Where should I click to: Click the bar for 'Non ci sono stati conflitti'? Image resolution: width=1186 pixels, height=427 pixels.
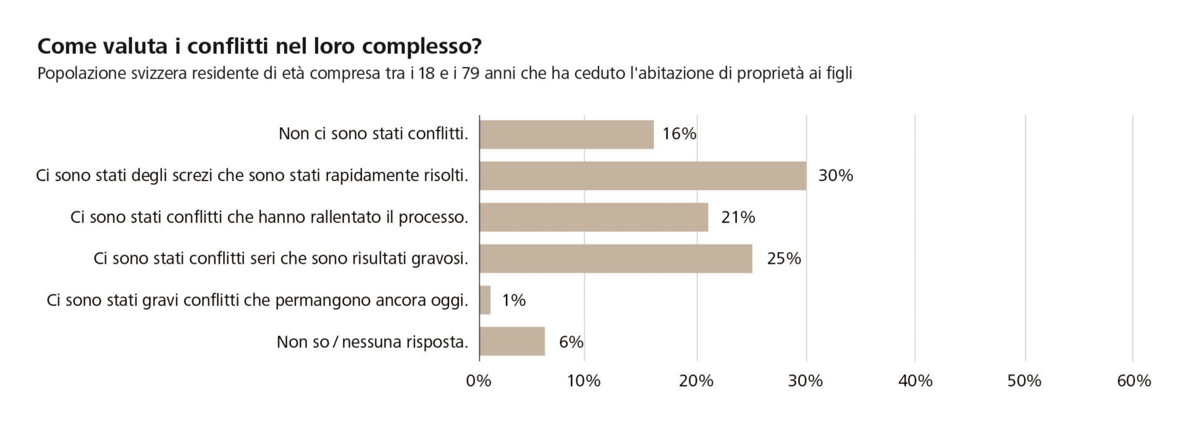click(566, 135)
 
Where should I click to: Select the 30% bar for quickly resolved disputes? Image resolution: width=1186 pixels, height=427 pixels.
click(642, 176)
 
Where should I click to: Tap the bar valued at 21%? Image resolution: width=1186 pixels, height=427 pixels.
click(593, 218)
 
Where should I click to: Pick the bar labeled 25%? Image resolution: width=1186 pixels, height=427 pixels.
click(615, 259)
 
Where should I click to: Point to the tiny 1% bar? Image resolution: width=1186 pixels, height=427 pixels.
click(485, 300)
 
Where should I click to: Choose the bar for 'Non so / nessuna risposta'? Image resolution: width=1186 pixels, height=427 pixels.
click(512, 342)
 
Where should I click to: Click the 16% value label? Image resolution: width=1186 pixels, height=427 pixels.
click(679, 134)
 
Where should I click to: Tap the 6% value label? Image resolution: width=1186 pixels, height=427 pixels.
click(571, 342)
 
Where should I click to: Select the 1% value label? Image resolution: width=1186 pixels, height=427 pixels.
click(513, 300)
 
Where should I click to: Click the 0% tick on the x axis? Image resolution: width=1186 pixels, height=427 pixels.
click(479, 381)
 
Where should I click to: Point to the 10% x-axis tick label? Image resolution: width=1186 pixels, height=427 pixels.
click(584, 381)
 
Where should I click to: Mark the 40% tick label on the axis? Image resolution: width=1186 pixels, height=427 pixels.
click(915, 381)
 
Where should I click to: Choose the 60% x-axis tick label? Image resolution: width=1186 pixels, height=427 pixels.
click(1133, 381)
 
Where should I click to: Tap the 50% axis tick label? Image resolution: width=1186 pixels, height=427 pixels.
click(1024, 381)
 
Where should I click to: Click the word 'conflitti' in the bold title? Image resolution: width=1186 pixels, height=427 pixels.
click(228, 46)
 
